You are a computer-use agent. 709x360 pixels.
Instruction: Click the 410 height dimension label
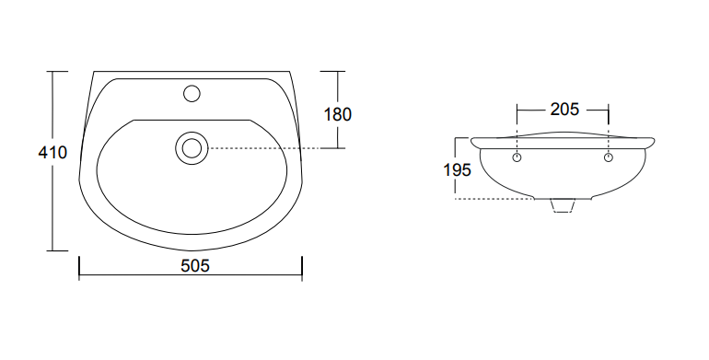(x=52, y=153)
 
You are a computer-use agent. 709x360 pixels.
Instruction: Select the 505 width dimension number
(x=195, y=266)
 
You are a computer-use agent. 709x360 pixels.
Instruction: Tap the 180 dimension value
(x=337, y=114)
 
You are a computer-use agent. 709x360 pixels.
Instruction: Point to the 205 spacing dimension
(x=564, y=109)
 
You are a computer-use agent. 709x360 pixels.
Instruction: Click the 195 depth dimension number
(x=457, y=170)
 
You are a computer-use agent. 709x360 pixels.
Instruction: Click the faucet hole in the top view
(x=192, y=94)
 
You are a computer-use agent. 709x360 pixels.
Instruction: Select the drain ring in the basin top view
(x=192, y=148)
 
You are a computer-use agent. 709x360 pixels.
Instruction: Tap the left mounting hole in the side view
(x=517, y=157)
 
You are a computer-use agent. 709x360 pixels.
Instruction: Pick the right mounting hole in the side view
(x=609, y=157)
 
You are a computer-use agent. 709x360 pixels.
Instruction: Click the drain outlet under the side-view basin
(x=563, y=205)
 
